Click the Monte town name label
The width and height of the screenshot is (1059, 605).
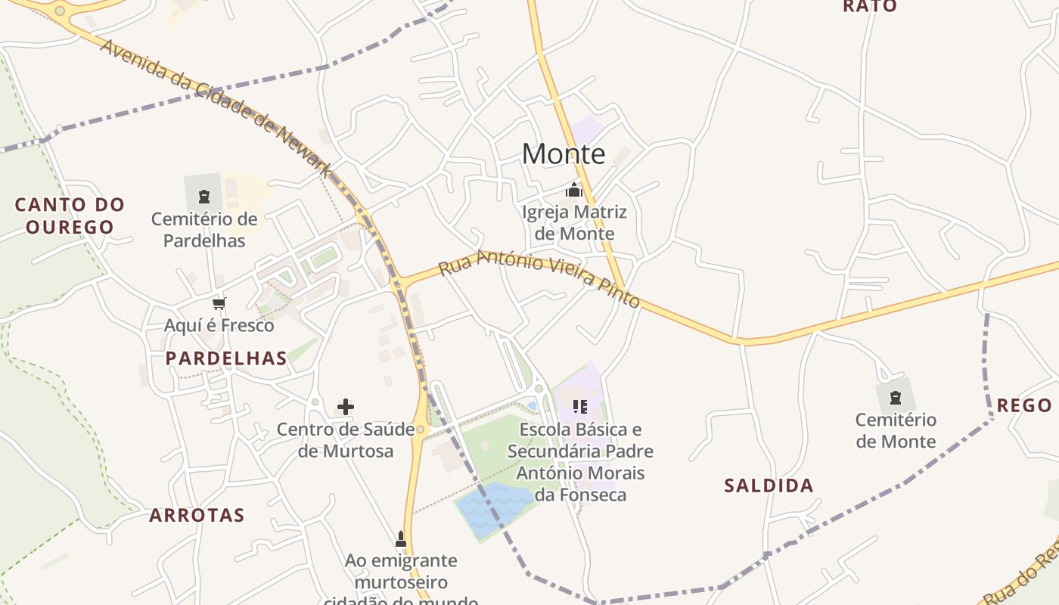(x=564, y=154)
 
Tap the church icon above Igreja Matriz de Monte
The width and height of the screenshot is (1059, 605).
(x=574, y=189)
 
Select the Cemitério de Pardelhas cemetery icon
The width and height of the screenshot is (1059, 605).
(x=203, y=197)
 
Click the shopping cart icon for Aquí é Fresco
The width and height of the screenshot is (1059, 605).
(x=219, y=304)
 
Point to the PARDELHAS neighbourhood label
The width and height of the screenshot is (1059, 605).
(x=226, y=358)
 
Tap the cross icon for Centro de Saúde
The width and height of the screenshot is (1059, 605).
(x=346, y=407)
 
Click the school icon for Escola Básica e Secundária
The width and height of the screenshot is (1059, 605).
(x=580, y=407)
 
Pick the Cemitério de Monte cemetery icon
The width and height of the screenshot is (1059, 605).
(x=896, y=397)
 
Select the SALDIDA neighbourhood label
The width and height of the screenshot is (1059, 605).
(x=769, y=486)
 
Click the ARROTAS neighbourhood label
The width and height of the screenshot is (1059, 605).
(x=197, y=516)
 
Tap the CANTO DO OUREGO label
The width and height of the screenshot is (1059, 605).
(x=70, y=216)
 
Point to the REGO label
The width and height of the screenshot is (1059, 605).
(x=1024, y=405)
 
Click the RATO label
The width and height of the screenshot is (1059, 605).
(x=870, y=7)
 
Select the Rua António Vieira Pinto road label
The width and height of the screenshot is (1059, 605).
(x=539, y=280)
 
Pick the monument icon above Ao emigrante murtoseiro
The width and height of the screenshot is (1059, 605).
(x=401, y=539)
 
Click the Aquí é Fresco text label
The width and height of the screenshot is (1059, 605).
(x=219, y=326)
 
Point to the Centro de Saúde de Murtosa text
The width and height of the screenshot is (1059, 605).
(x=345, y=440)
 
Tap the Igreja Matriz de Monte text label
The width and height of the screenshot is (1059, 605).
(x=574, y=222)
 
